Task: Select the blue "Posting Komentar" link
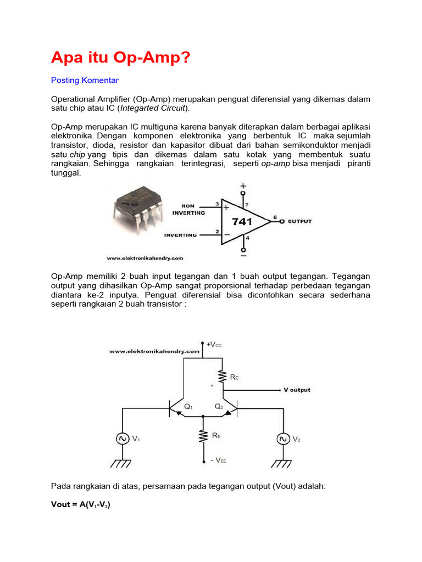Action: [85, 80]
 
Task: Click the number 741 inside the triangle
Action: [242, 222]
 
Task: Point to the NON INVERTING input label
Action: [188, 210]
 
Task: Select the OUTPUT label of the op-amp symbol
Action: [299, 222]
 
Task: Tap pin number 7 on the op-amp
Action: [247, 205]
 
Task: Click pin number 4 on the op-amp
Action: [247, 238]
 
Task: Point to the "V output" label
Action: [297, 390]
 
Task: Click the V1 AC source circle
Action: [121, 439]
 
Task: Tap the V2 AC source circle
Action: [284, 439]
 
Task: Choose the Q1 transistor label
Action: [188, 407]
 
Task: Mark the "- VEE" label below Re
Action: [214, 460]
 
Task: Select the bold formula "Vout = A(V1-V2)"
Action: [81, 505]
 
